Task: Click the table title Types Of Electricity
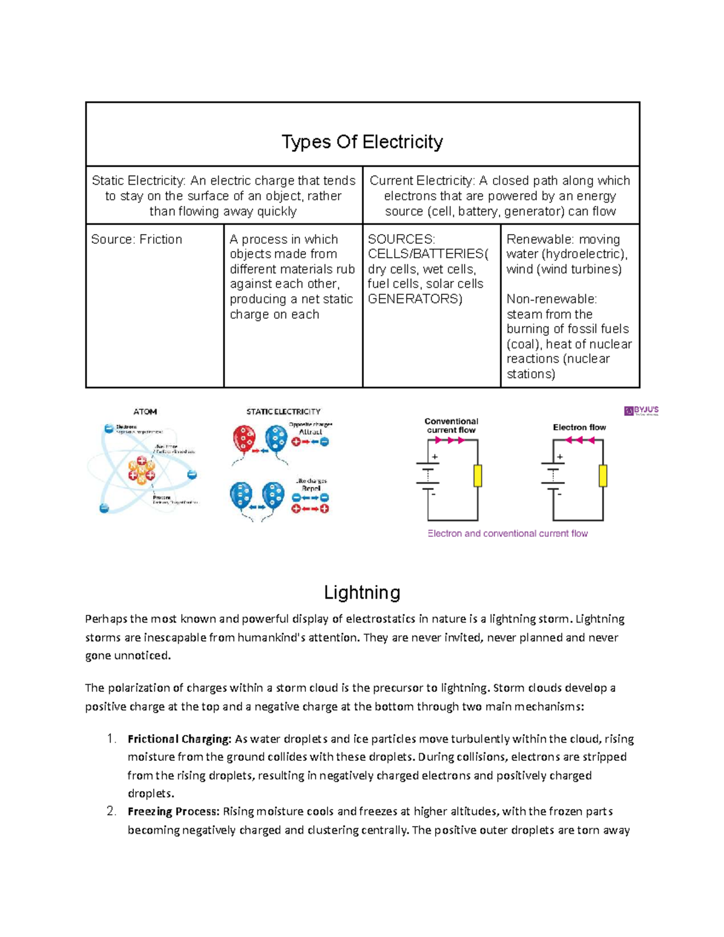pyautogui.click(x=362, y=142)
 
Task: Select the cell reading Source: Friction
pyautogui.click(x=136, y=240)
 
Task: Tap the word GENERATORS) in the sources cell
pyautogui.click(x=414, y=299)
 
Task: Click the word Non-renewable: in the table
pyautogui.click(x=551, y=299)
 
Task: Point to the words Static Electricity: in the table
pyautogui.click(x=138, y=181)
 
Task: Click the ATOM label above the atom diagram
pyautogui.click(x=145, y=411)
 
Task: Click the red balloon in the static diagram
pyautogui.click(x=244, y=439)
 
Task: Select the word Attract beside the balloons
pyautogui.click(x=311, y=432)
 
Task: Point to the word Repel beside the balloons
pyautogui.click(x=311, y=489)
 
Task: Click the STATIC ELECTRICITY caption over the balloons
pyautogui.click(x=283, y=411)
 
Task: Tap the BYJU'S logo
pyautogui.click(x=641, y=411)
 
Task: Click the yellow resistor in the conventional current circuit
pyautogui.click(x=478, y=476)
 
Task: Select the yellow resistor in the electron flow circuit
pyautogui.click(x=603, y=476)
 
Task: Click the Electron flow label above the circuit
pyautogui.click(x=579, y=427)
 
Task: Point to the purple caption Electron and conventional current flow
pyautogui.click(x=507, y=533)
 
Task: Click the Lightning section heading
pyautogui.click(x=362, y=592)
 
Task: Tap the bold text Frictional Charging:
pyautogui.click(x=179, y=739)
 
